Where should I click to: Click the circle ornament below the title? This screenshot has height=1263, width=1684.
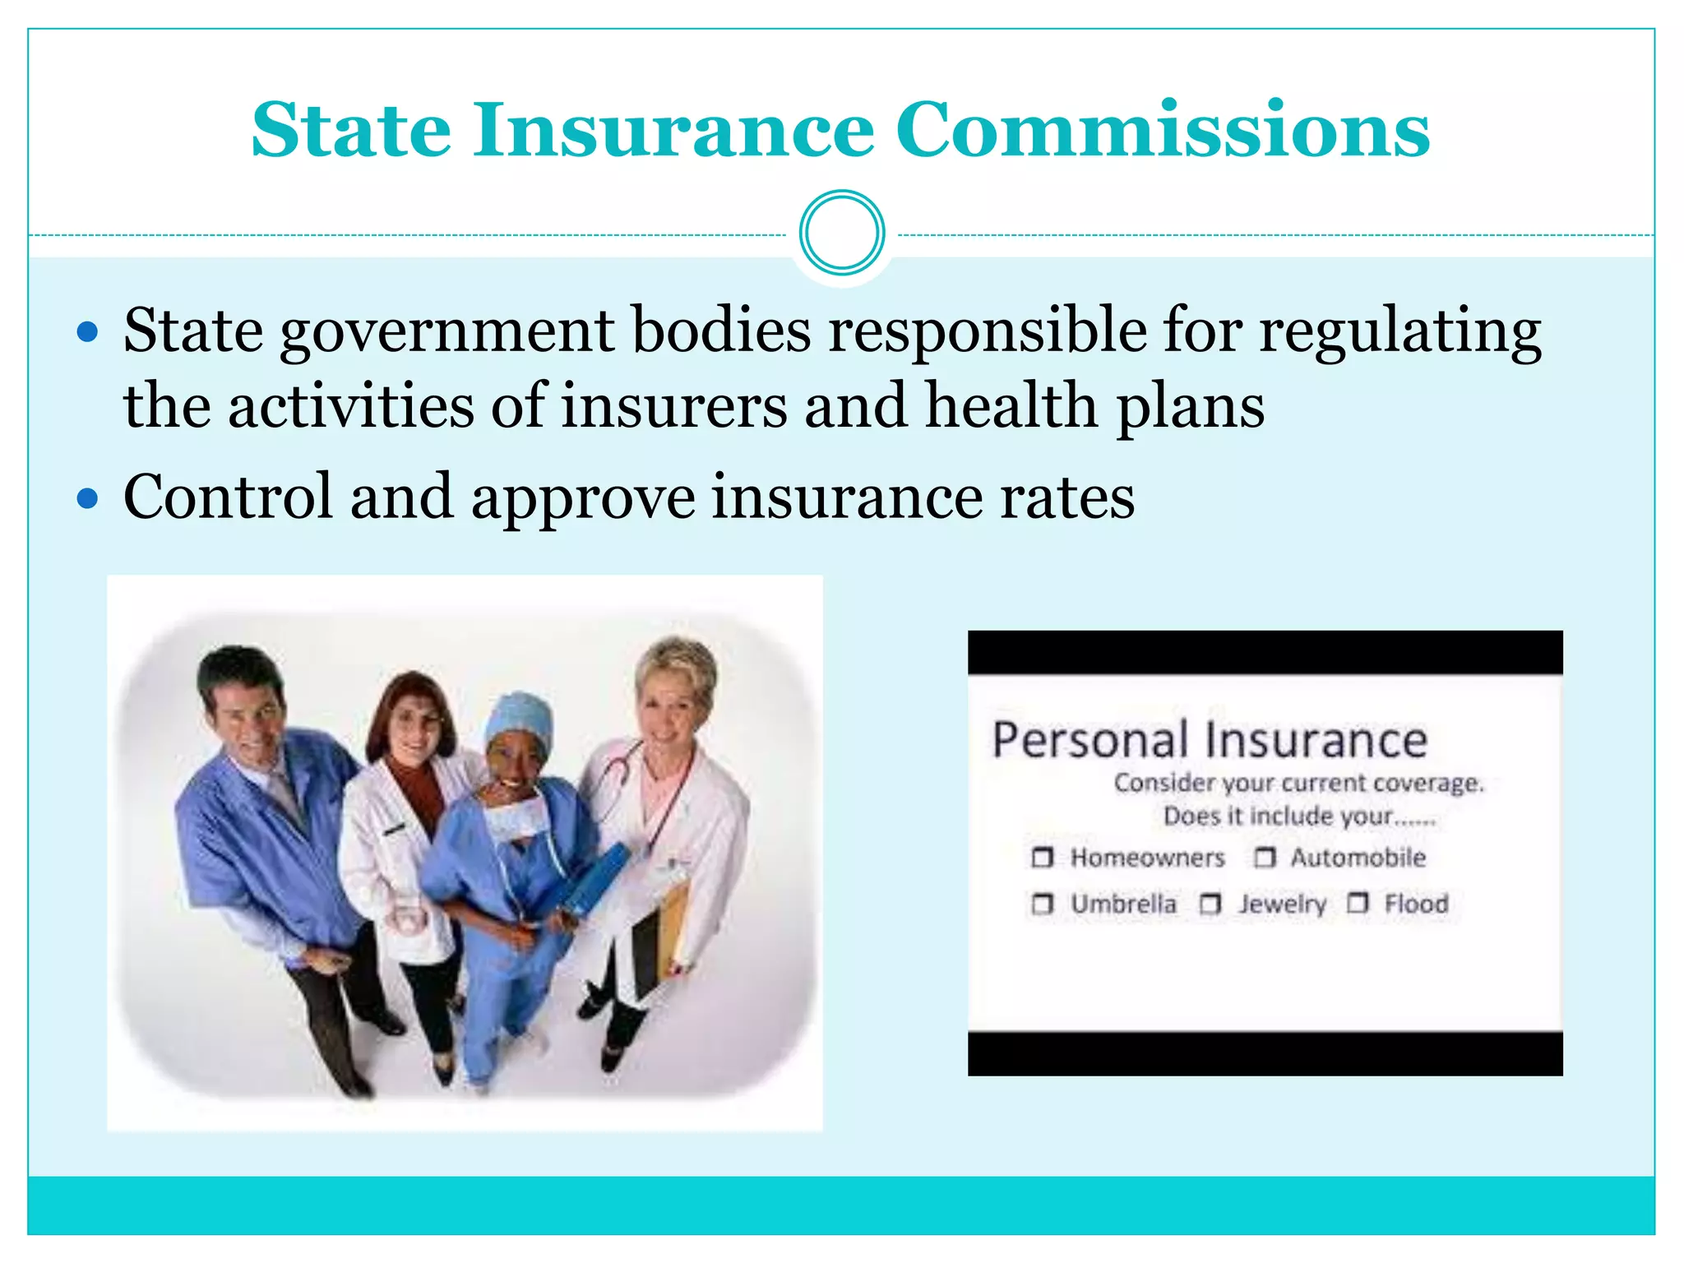(x=842, y=233)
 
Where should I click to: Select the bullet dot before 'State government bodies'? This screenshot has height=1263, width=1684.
(x=87, y=333)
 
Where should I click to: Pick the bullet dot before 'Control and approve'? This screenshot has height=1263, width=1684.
(x=87, y=499)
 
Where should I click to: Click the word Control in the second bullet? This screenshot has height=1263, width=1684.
(x=228, y=497)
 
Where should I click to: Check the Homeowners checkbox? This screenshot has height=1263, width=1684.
(x=1042, y=858)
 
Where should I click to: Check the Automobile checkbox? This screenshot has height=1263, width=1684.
(x=1265, y=858)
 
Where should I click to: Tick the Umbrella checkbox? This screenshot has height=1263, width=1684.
(x=1042, y=904)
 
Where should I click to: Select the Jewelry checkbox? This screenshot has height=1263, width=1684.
(x=1210, y=904)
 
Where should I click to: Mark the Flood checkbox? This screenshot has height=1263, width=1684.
(x=1358, y=904)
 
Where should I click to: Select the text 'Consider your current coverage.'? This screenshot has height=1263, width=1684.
(x=1298, y=783)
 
